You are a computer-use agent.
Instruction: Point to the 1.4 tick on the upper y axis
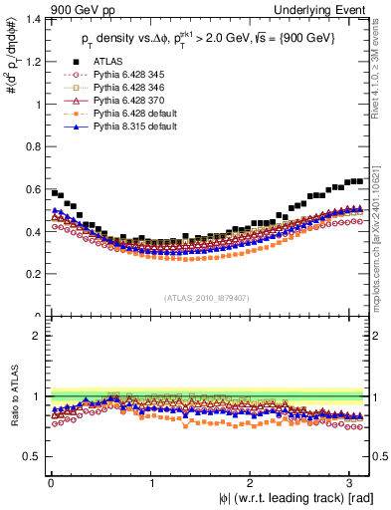pos(32,19)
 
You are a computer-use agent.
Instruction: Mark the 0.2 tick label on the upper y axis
pos(32,274)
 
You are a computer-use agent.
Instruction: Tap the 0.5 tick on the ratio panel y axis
pos(32,456)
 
